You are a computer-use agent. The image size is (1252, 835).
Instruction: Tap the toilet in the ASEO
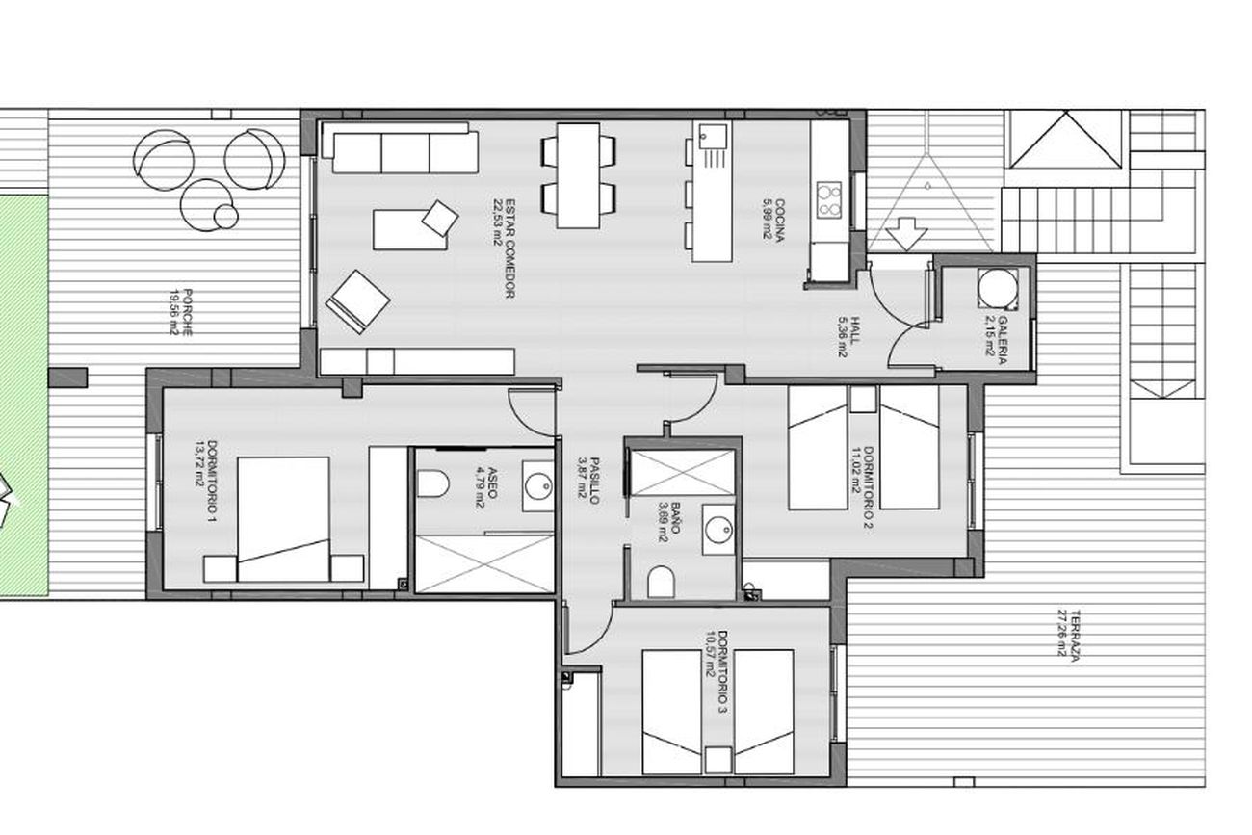(433, 483)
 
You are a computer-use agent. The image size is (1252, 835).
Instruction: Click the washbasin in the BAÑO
(718, 530)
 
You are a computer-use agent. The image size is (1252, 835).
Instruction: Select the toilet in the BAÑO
(662, 582)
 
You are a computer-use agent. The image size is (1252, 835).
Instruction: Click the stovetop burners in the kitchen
(829, 199)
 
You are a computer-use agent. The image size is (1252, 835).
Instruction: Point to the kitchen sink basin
(714, 136)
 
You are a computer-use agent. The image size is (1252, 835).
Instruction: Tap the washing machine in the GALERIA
(998, 288)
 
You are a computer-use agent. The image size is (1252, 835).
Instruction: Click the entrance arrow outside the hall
(906, 234)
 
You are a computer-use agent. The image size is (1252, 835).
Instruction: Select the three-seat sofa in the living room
(401, 148)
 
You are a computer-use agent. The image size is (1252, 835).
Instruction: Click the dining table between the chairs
(579, 175)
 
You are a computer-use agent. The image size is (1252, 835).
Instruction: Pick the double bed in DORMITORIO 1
(284, 519)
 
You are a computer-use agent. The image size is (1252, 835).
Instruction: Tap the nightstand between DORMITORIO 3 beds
(717, 760)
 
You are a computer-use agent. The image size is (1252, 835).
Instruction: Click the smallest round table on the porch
(226, 217)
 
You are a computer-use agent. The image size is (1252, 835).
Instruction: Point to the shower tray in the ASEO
(484, 563)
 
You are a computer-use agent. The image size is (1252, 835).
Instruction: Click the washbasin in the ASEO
(538, 485)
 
